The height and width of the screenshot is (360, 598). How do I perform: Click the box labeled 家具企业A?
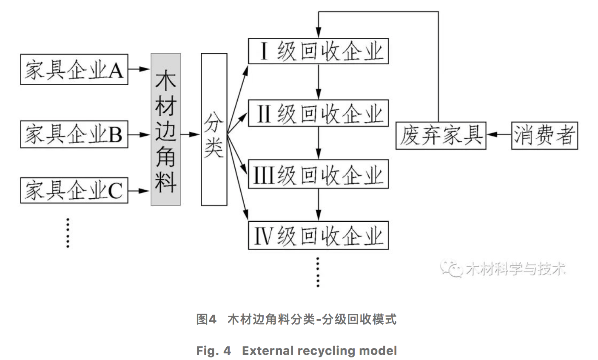coord(74,69)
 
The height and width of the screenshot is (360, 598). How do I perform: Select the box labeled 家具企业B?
coord(74,134)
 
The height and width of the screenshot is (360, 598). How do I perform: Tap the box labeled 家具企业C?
coord(74,191)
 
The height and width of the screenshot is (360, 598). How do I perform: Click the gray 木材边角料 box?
coord(165,129)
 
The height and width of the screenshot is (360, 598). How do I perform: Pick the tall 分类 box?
coord(214,129)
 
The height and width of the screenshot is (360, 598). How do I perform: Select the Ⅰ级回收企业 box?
coord(318,51)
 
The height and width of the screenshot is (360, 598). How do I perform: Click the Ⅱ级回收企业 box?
coord(318,113)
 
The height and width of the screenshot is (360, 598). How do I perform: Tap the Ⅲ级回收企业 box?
coord(318,174)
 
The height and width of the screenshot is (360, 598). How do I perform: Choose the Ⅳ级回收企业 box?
coord(318,235)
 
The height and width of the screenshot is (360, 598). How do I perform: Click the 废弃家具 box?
coord(441,135)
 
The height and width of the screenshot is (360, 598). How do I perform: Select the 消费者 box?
coord(544,135)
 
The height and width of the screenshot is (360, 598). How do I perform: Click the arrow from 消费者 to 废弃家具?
coord(498,135)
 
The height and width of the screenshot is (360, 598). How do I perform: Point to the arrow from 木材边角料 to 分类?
coord(191,134)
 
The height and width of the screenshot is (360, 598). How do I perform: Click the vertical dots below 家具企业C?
coord(68,232)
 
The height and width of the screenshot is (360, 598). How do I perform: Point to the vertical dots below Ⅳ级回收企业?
coord(318,271)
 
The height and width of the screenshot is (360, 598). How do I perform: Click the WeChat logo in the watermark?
coord(452,269)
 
